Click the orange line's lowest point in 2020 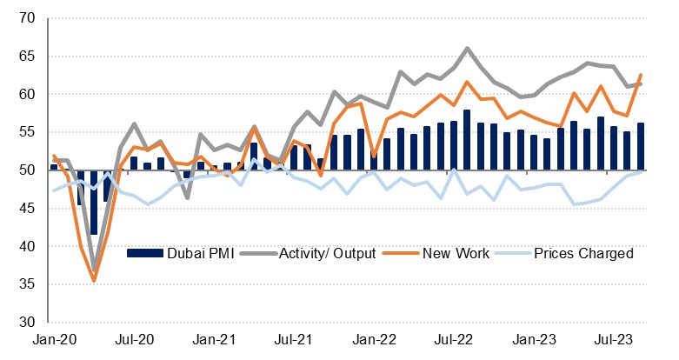click(x=94, y=281)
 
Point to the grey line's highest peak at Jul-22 click(x=467, y=48)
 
